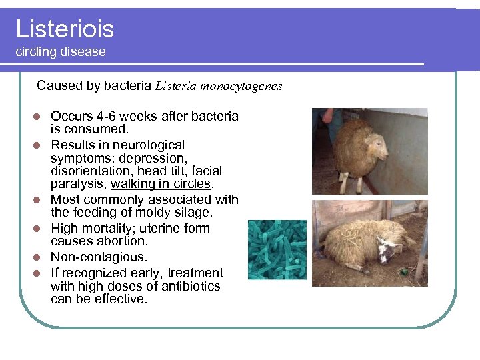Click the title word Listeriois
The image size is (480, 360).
(x=65, y=29)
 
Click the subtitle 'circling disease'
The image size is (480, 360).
(x=61, y=52)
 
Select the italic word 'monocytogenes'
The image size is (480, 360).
(x=241, y=86)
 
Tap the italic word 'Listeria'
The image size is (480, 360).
(x=175, y=86)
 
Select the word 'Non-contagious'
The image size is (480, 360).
(x=97, y=257)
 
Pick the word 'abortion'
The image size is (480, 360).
(x=125, y=241)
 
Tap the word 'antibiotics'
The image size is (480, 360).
(x=189, y=286)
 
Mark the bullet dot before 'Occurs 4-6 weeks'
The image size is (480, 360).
(x=39, y=117)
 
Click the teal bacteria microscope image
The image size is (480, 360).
(x=277, y=249)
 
